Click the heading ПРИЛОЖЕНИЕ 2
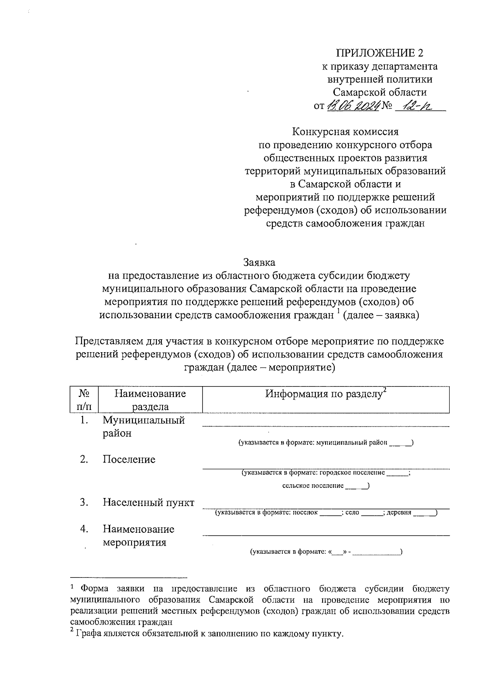coord(380,53)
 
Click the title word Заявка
coord(259,263)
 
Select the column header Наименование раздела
coord(150,400)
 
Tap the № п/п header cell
coord(83,400)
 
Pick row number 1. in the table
coord(83,420)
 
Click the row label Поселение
coord(129,460)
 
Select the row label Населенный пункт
coord(148,502)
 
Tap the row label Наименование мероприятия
coord(138,536)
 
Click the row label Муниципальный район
coord(143,427)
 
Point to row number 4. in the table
coord(83,529)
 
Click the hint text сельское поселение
coord(313,485)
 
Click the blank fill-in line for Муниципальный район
coord(325,425)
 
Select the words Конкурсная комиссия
coord(345,132)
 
